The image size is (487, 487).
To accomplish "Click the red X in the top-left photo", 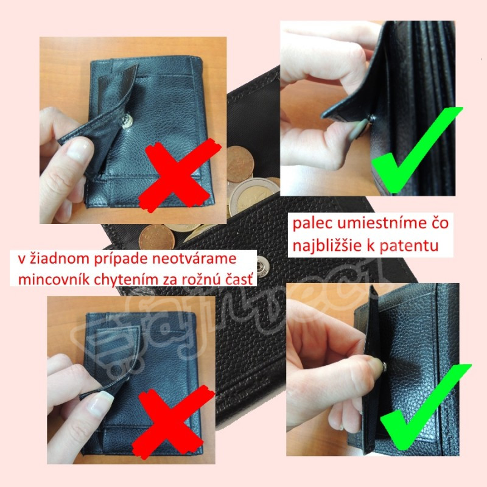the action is click(180, 175).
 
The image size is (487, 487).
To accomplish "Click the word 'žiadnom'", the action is click(60, 258).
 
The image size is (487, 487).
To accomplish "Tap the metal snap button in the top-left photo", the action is click(127, 121).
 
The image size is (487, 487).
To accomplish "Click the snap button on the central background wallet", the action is click(263, 267).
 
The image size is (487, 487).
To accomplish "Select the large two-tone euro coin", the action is click(254, 195).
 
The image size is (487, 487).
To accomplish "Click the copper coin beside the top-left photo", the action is click(240, 164).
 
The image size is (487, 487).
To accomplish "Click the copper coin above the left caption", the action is click(155, 237).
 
